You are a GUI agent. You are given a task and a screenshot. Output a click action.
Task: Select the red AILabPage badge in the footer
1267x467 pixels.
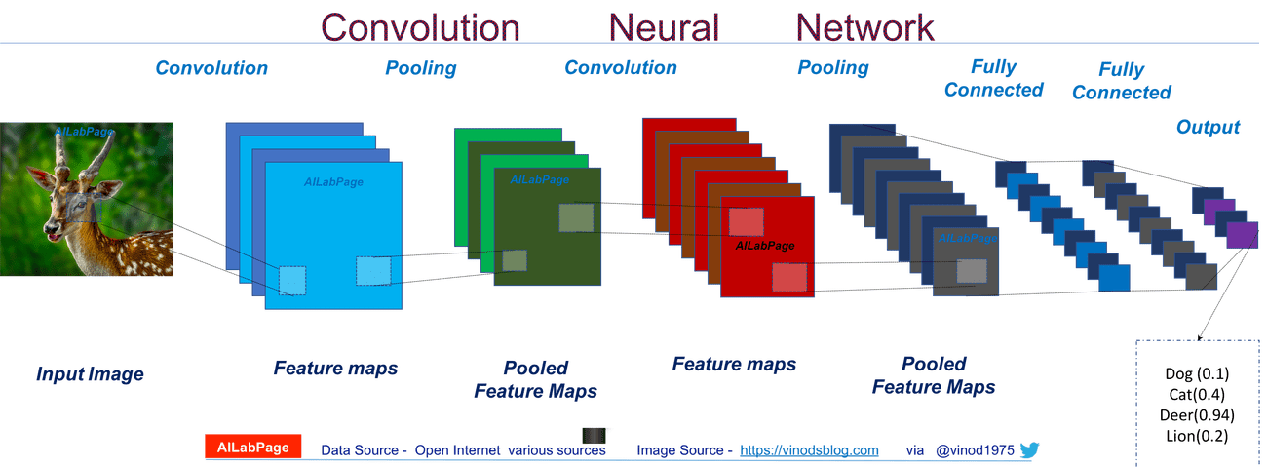pos(253,448)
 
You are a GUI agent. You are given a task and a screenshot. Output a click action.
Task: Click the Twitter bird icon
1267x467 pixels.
pos(1030,449)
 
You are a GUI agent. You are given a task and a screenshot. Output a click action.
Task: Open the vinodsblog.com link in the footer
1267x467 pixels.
pos(809,450)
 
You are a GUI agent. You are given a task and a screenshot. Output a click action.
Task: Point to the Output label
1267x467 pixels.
pos(1208,127)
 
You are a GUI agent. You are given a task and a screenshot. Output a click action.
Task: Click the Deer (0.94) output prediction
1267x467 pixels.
pos(1199,415)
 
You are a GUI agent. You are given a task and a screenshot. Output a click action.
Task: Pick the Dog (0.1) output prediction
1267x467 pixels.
pos(1199,374)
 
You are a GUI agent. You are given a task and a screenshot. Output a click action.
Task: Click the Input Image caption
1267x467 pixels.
pos(90,374)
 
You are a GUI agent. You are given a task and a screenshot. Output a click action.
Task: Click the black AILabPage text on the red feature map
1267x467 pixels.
pos(765,246)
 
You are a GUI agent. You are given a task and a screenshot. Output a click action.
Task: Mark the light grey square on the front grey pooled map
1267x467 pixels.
pos(972,272)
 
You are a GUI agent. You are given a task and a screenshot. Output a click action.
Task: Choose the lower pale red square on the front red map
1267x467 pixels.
pos(789,278)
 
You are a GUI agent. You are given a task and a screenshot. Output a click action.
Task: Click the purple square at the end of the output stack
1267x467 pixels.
pos(1241,235)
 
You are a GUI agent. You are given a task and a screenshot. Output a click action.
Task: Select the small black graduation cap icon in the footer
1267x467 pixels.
pos(595,438)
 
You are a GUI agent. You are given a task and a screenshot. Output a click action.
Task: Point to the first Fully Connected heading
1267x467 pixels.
pos(993,79)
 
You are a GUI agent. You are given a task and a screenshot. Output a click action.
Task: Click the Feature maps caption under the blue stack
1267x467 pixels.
pos(335,369)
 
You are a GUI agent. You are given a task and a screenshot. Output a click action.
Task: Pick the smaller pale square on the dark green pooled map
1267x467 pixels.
pos(515,260)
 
